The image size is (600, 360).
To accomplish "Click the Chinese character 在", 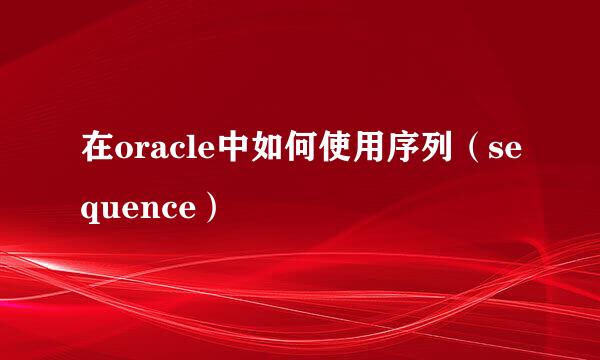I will [97, 156].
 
